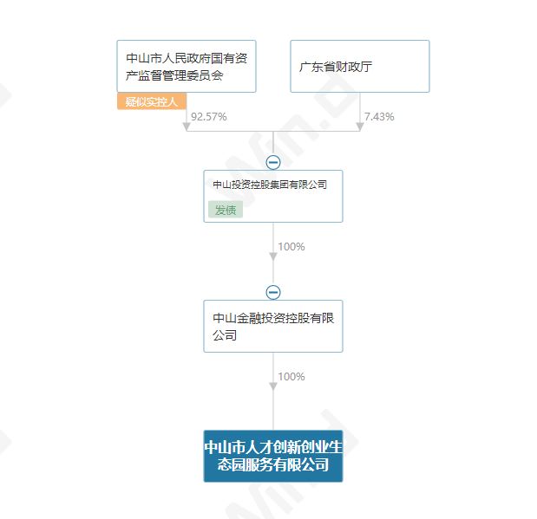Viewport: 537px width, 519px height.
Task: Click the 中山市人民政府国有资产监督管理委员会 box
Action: [187, 66]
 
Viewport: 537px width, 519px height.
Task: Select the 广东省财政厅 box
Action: [360, 66]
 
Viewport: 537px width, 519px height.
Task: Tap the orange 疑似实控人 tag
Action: [152, 101]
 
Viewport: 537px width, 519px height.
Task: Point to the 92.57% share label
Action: [208, 117]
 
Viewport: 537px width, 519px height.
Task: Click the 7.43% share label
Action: [379, 117]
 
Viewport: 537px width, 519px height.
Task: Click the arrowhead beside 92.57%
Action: [187, 127]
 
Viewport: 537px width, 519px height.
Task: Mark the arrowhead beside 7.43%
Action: [360, 127]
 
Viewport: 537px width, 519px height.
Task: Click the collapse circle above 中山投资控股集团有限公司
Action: [273, 162]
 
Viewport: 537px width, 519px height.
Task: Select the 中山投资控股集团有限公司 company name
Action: [270, 185]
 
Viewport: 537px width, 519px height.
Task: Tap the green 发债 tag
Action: [226, 210]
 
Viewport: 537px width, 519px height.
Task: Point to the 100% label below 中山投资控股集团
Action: [291, 247]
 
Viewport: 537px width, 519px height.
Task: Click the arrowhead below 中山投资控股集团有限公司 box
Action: [273, 256]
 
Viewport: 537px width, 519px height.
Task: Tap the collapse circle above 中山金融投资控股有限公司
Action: [273, 292]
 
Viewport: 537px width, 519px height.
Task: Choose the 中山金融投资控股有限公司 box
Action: [273, 326]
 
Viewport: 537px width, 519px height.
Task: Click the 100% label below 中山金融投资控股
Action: [291, 377]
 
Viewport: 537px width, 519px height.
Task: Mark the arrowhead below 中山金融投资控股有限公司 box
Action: [273, 386]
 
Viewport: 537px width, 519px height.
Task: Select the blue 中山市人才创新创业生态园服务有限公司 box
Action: [273, 456]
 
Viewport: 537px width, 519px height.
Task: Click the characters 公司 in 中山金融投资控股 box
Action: [225, 335]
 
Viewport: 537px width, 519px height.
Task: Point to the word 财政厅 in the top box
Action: [354, 67]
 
